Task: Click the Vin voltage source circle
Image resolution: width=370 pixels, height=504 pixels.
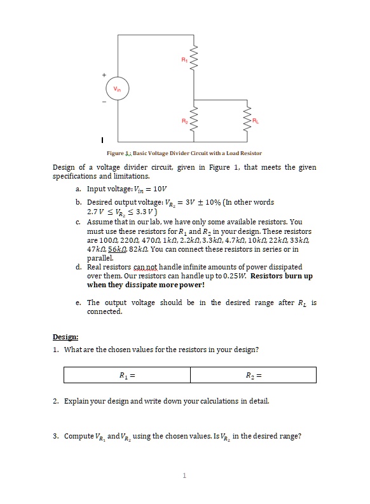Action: (x=116, y=88)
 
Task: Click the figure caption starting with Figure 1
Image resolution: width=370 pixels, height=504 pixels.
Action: (x=184, y=153)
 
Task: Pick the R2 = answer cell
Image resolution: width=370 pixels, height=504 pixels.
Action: (x=253, y=375)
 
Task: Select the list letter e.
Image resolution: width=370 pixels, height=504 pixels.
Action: (x=77, y=303)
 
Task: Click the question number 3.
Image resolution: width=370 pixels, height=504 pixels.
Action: (x=56, y=436)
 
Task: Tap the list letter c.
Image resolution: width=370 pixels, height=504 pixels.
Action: (x=77, y=222)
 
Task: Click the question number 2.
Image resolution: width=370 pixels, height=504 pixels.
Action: (x=56, y=402)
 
